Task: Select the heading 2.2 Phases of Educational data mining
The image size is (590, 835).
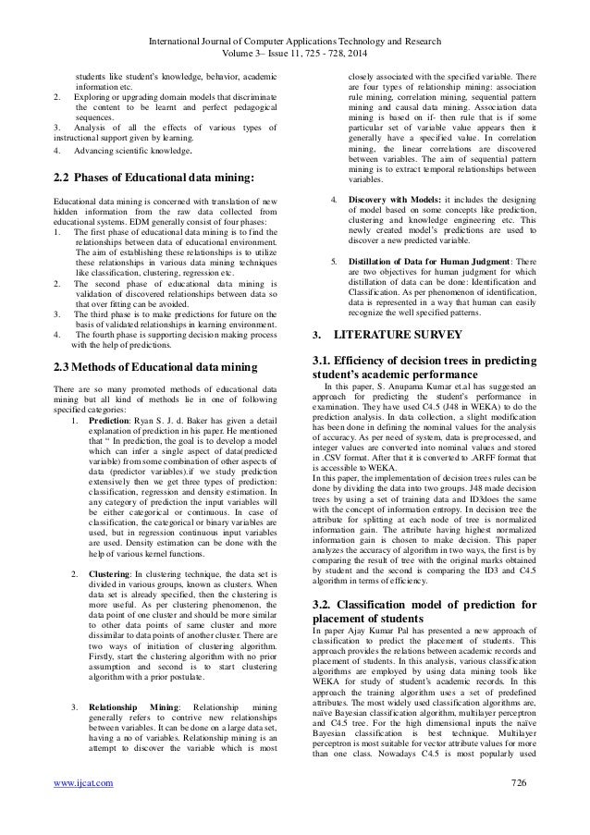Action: point(153,176)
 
